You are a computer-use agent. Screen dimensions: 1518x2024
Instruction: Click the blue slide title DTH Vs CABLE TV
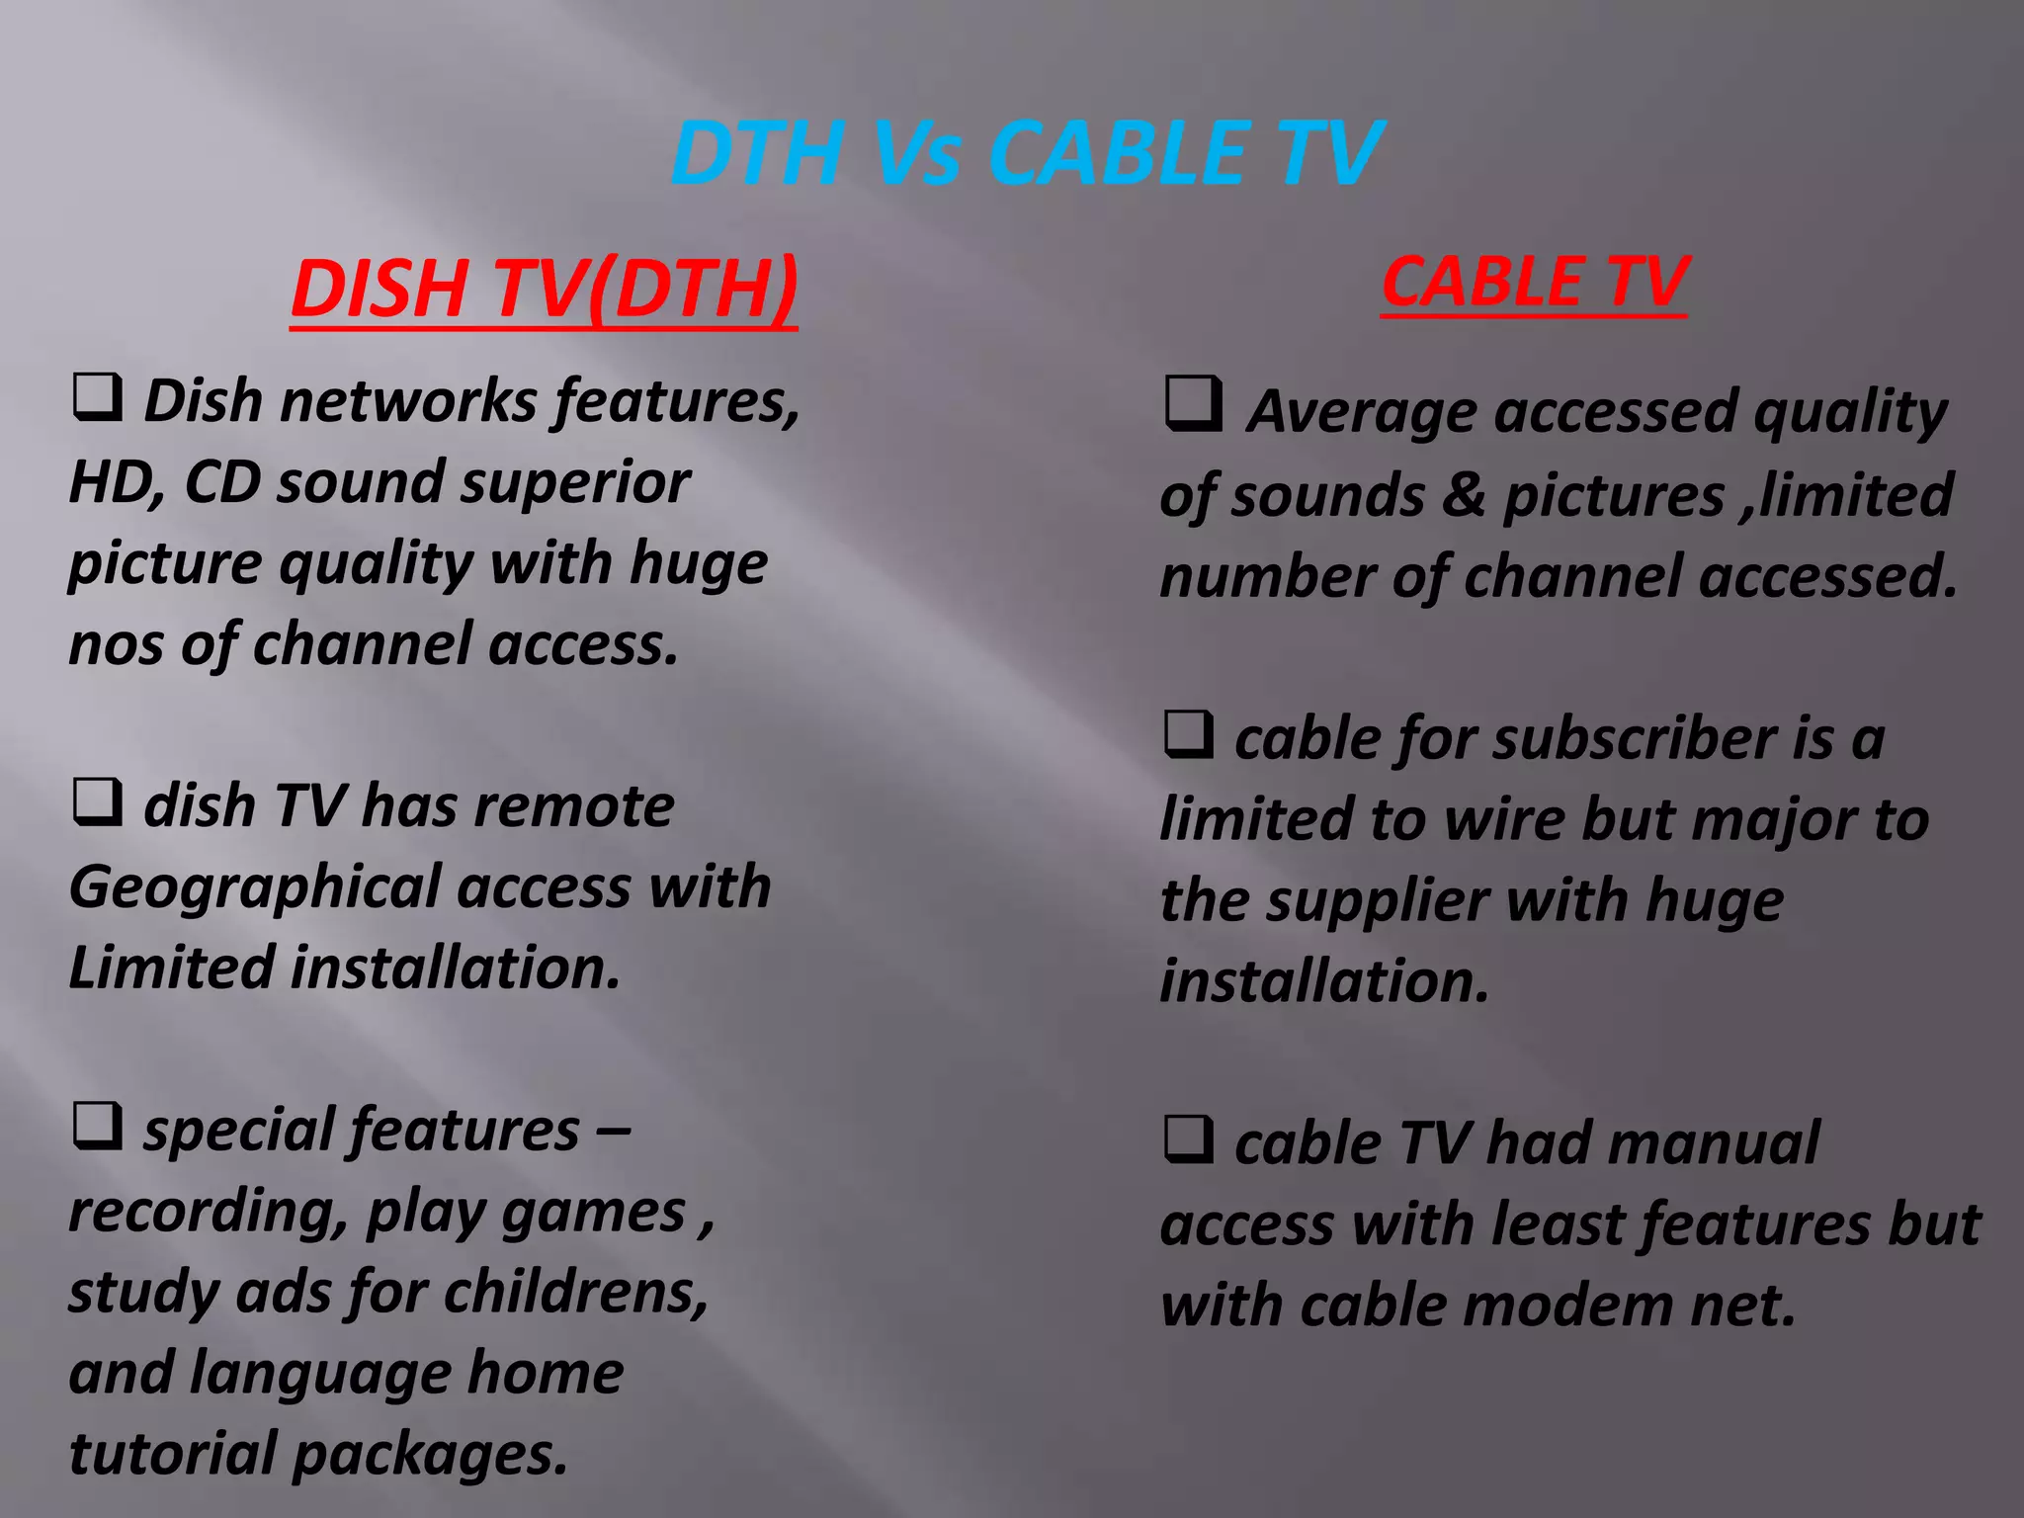click(1026, 153)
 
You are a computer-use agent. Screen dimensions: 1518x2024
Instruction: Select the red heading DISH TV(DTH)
click(544, 289)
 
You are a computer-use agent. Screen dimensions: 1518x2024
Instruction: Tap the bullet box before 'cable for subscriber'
click(1188, 734)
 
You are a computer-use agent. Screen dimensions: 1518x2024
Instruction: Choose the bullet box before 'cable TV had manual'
click(1188, 1138)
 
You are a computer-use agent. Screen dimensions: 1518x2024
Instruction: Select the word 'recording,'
click(209, 1212)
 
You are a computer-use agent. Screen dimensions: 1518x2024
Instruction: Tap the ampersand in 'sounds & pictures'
click(1464, 494)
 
